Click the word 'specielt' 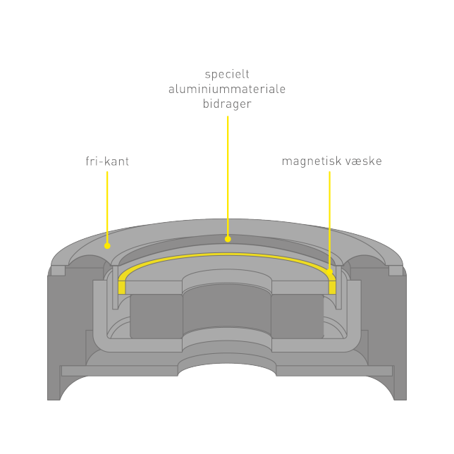click(227, 75)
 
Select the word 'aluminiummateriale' click(227, 89)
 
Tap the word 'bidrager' click(227, 104)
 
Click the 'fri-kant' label click(107, 161)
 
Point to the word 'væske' click(364, 161)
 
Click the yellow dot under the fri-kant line click(107, 246)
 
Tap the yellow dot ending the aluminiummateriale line click(228, 239)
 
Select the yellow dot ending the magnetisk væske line click(329, 271)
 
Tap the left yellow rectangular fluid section click(121, 287)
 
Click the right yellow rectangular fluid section click(332, 287)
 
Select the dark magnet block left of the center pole click(157, 316)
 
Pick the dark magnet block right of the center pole click(297, 316)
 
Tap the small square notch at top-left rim click(58, 271)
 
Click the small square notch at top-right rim click(395, 271)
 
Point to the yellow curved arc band click(227, 254)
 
